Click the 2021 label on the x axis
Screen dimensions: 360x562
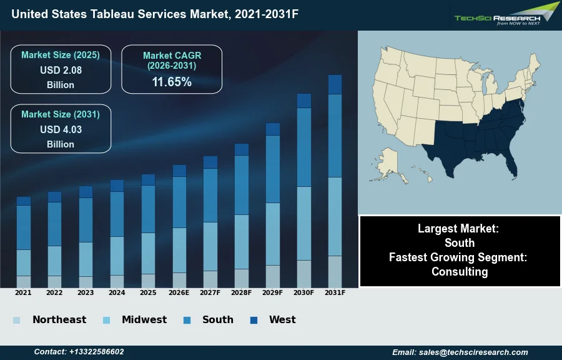(23, 292)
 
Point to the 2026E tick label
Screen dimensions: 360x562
(179, 292)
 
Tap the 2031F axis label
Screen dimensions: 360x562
(335, 292)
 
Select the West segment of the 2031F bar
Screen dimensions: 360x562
(335, 84)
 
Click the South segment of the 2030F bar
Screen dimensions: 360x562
(304, 147)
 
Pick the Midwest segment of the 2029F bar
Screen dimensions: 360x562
(273, 234)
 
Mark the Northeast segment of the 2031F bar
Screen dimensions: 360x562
(335, 271)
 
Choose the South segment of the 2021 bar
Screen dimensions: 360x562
(24, 227)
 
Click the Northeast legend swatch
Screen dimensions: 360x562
(16, 321)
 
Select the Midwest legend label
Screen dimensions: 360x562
(144, 320)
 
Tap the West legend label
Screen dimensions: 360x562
(282, 320)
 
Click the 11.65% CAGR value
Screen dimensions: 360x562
(172, 82)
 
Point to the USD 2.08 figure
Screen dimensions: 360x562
(61, 70)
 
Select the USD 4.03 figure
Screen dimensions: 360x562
(61, 129)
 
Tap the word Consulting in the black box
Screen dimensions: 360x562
(460, 272)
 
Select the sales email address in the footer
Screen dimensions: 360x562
(460, 352)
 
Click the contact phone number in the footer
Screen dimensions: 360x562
(79, 352)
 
